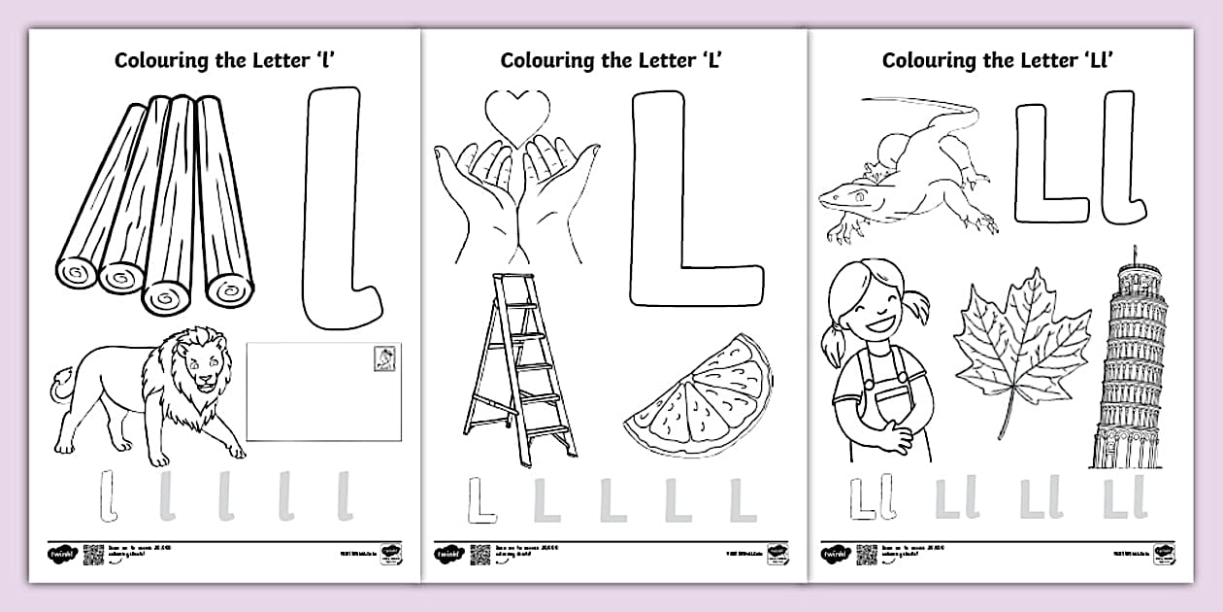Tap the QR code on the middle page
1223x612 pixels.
[x=480, y=555]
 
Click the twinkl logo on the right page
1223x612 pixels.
[x=834, y=555]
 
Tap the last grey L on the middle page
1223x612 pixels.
[x=742, y=500]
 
